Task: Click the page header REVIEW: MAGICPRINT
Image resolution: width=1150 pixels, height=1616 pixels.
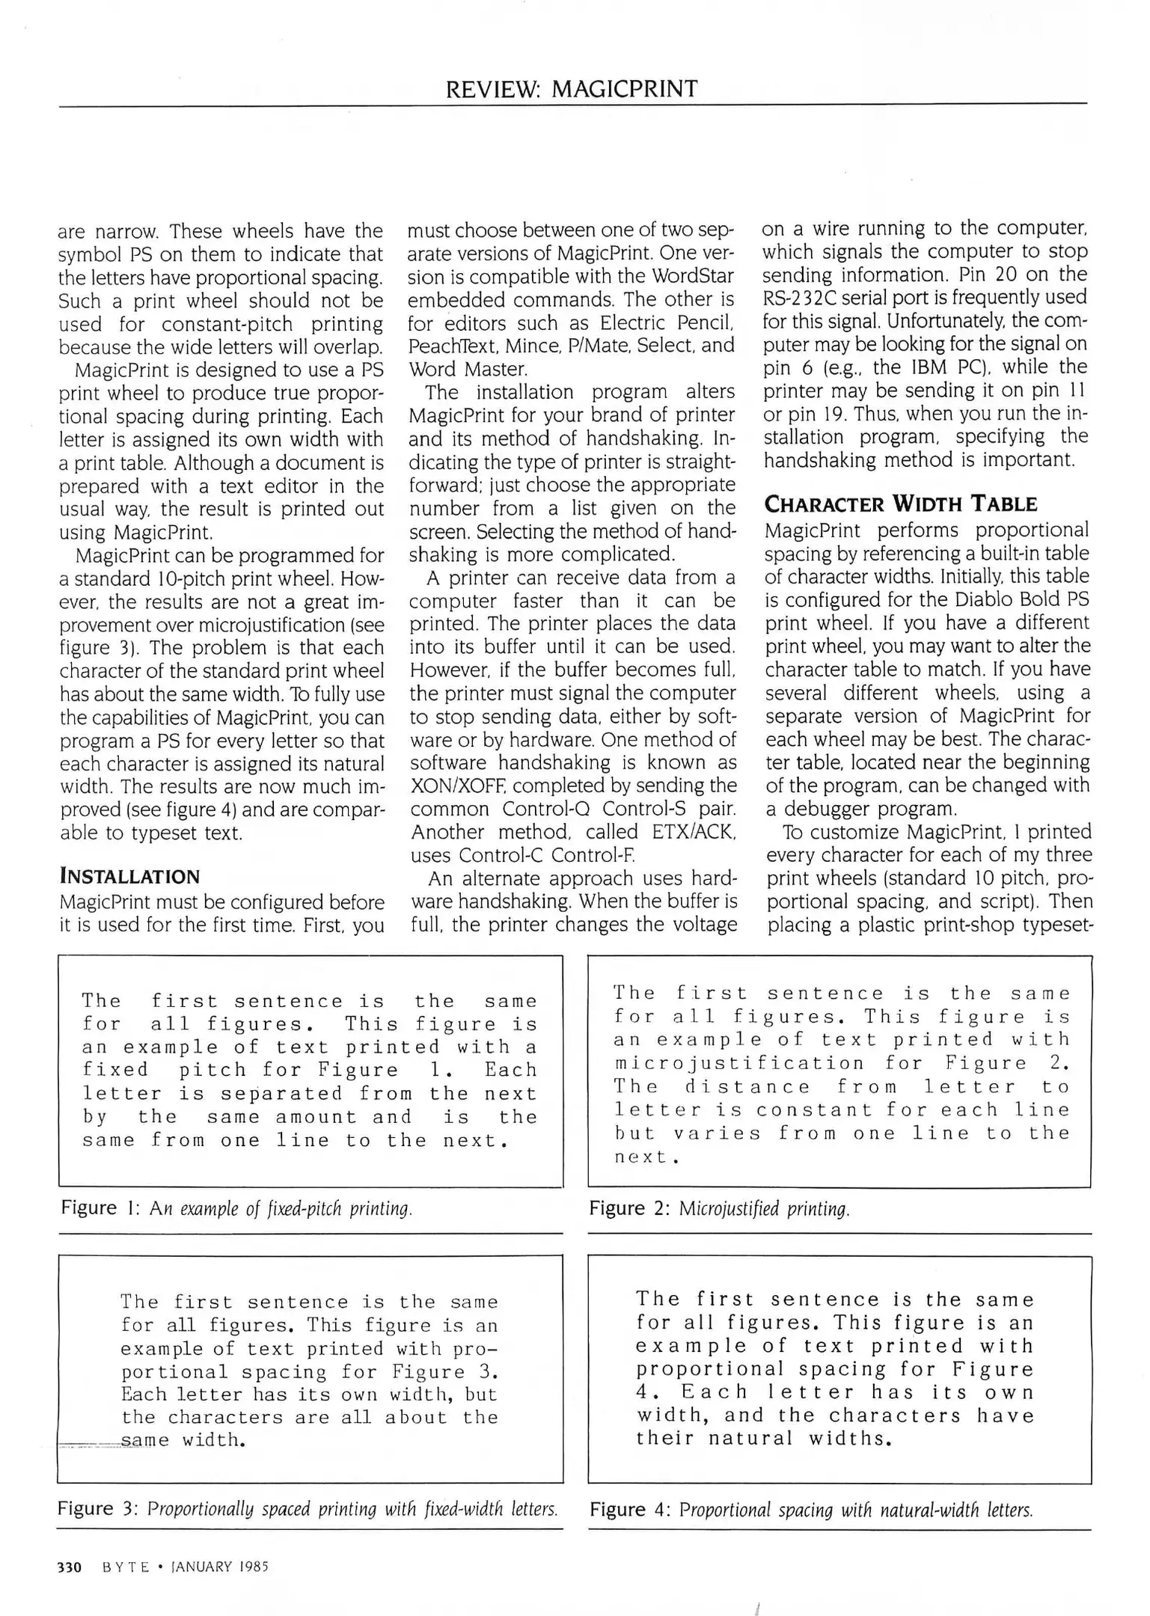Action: (572, 89)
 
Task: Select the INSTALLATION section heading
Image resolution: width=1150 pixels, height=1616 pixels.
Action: (129, 877)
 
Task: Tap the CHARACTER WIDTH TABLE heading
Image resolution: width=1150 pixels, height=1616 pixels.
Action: (900, 504)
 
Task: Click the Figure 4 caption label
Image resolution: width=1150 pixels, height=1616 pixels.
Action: (625, 1509)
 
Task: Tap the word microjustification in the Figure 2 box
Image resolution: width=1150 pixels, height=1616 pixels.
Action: (739, 1063)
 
